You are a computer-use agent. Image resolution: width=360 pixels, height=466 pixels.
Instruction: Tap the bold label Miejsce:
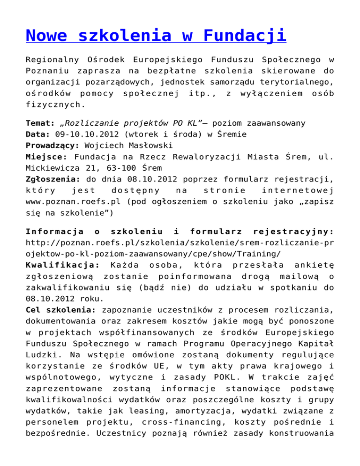click(45, 155)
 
